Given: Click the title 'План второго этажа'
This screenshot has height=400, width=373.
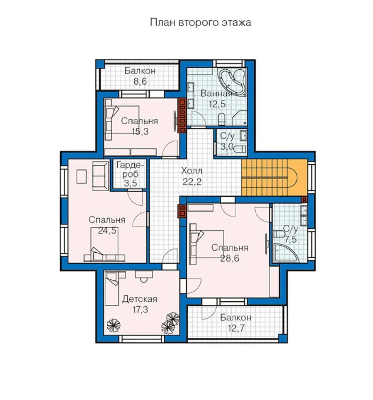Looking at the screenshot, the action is point(201,22).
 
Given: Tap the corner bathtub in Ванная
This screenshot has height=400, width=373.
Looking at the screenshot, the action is point(233,81).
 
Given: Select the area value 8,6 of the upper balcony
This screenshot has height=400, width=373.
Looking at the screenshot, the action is point(140,82).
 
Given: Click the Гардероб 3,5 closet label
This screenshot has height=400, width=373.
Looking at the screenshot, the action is point(130,174).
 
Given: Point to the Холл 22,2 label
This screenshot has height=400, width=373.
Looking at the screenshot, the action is point(192,176).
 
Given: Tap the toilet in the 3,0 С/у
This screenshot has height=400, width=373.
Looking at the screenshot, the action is point(240,149).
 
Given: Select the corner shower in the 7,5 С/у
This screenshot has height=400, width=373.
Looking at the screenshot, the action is point(286,253).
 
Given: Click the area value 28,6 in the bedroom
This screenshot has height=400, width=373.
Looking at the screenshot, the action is point(230,259).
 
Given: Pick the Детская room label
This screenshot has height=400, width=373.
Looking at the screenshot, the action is point(140,299).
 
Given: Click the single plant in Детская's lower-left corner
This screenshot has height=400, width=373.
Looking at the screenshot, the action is point(114,325).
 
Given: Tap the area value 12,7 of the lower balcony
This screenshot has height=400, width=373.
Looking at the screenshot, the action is point(236,328).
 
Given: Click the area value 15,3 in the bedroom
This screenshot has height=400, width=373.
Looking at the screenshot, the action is point(140,132).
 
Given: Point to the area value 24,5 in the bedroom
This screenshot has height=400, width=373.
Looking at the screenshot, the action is point(107,231).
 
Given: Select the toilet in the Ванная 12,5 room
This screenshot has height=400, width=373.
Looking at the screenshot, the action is point(222,120).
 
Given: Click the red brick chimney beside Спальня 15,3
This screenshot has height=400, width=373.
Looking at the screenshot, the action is point(182,115).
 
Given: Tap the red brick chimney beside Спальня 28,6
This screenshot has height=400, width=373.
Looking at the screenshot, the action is point(182,211).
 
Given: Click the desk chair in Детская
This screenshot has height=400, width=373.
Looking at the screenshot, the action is point(144,280).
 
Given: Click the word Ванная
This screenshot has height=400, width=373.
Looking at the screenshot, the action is point(217,93).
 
